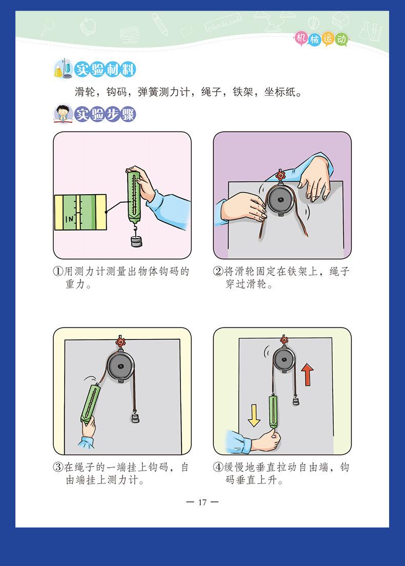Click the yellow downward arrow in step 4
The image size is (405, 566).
point(254,415)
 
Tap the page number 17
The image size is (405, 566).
point(202,502)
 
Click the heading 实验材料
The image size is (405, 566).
point(105,69)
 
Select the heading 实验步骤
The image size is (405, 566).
point(105,114)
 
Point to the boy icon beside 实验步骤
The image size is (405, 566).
point(63,114)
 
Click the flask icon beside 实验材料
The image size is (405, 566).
point(63,69)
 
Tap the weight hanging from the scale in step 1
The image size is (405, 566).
point(136,241)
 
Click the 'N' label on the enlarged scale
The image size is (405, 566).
point(69,219)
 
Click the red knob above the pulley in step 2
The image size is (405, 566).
point(280,176)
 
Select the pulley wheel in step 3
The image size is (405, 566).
point(120,366)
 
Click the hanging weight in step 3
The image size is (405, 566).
point(135,417)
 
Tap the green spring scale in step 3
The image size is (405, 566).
point(90,404)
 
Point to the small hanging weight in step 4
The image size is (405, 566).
point(296,401)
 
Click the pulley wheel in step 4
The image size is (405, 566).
point(284,360)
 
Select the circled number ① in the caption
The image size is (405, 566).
point(58,271)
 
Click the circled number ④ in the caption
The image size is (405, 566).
point(218,467)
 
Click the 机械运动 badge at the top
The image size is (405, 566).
point(321,38)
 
